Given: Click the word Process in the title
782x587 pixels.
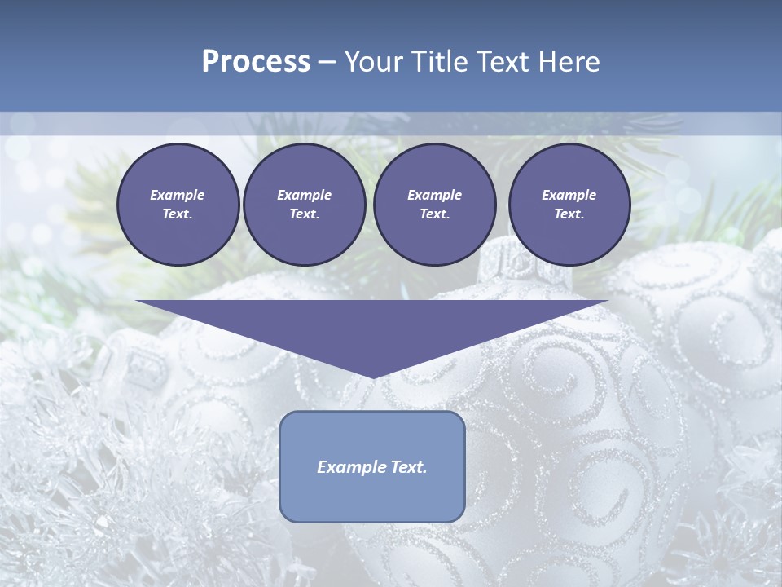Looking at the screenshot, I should click(x=256, y=62).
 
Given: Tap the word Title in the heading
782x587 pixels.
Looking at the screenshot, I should click(x=439, y=62).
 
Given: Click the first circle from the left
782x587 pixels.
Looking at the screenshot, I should click(x=178, y=205).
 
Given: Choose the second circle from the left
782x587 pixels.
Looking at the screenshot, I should click(x=304, y=205).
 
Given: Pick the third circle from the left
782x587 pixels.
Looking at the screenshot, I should click(x=434, y=205).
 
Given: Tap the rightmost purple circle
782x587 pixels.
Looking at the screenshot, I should click(x=569, y=205).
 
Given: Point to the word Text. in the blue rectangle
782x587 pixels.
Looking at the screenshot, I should click(x=407, y=467).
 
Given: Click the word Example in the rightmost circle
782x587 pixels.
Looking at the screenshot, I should click(x=569, y=195).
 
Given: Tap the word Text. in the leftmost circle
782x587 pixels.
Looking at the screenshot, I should click(x=178, y=214).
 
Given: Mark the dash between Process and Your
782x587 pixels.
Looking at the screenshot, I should click(x=327, y=62).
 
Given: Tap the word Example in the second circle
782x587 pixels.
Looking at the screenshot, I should click(x=304, y=195).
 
